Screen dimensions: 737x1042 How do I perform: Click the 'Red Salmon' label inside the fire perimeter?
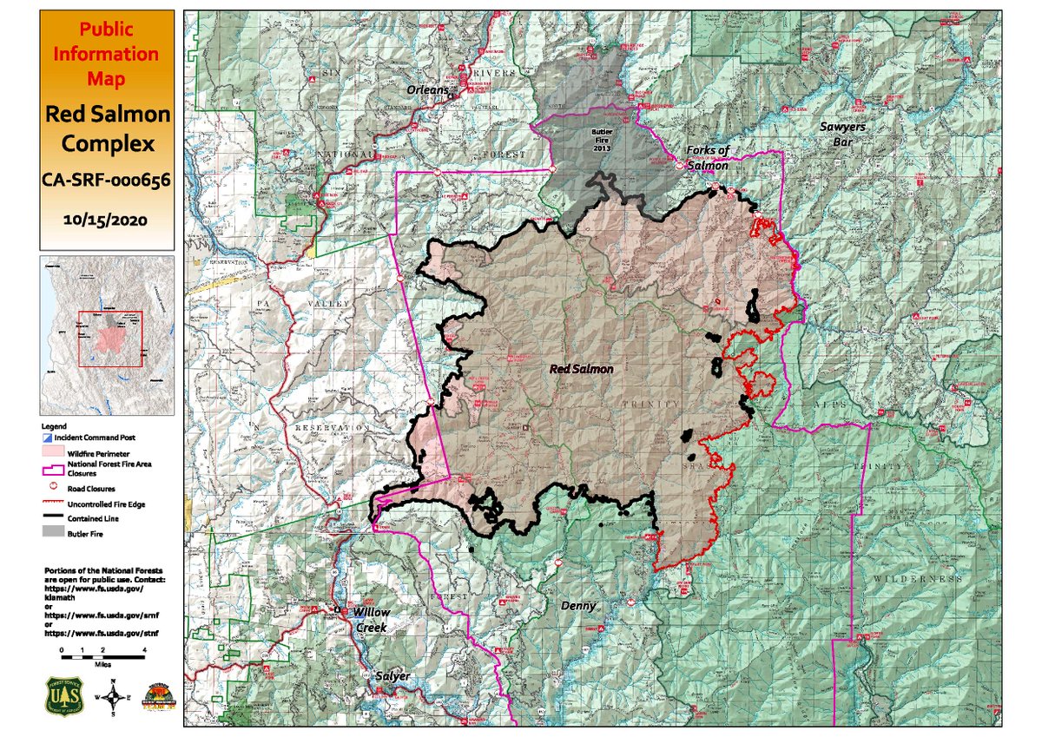pos(582,369)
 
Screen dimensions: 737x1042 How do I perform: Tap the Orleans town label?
pos(427,89)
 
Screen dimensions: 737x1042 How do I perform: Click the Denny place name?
pos(578,605)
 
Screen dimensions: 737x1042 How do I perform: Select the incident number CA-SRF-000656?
pos(105,181)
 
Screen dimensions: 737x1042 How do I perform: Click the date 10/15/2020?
pos(105,220)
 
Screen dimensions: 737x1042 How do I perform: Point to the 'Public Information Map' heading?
pos(105,54)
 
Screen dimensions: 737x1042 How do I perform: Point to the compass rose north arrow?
pos(111,694)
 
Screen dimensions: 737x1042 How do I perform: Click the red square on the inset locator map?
pos(110,339)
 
